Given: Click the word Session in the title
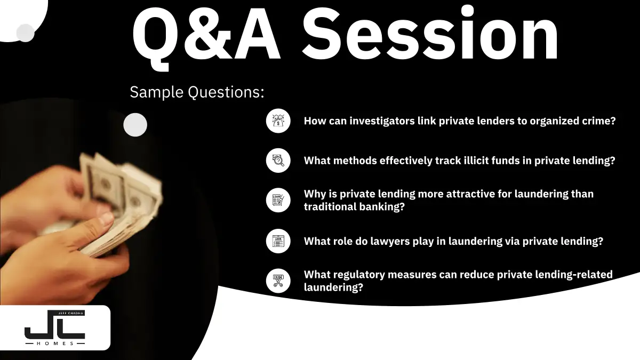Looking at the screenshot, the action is point(430,34).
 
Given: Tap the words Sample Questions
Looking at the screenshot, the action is point(197,92).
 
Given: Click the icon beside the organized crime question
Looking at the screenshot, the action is point(278,121).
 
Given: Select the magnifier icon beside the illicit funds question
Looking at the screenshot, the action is point(278,161).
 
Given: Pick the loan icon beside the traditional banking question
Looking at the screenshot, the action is point(278,201).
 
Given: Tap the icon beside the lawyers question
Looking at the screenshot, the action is point(278,241).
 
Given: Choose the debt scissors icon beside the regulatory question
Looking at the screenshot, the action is point(278,281).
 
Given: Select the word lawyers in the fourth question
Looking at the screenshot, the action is point(390,242).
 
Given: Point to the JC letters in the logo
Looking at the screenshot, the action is point(54,326).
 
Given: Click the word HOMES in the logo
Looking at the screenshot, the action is point(55,343).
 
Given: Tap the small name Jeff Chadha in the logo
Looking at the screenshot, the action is point(70,313).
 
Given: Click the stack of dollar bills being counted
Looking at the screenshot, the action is point(120,200).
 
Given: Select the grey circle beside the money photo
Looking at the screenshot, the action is point(135,125).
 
